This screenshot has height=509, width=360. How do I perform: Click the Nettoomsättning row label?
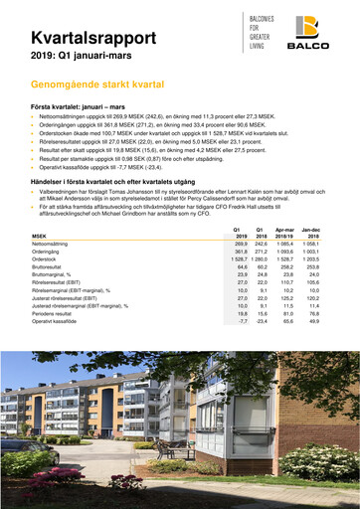[x=54, y=245]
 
